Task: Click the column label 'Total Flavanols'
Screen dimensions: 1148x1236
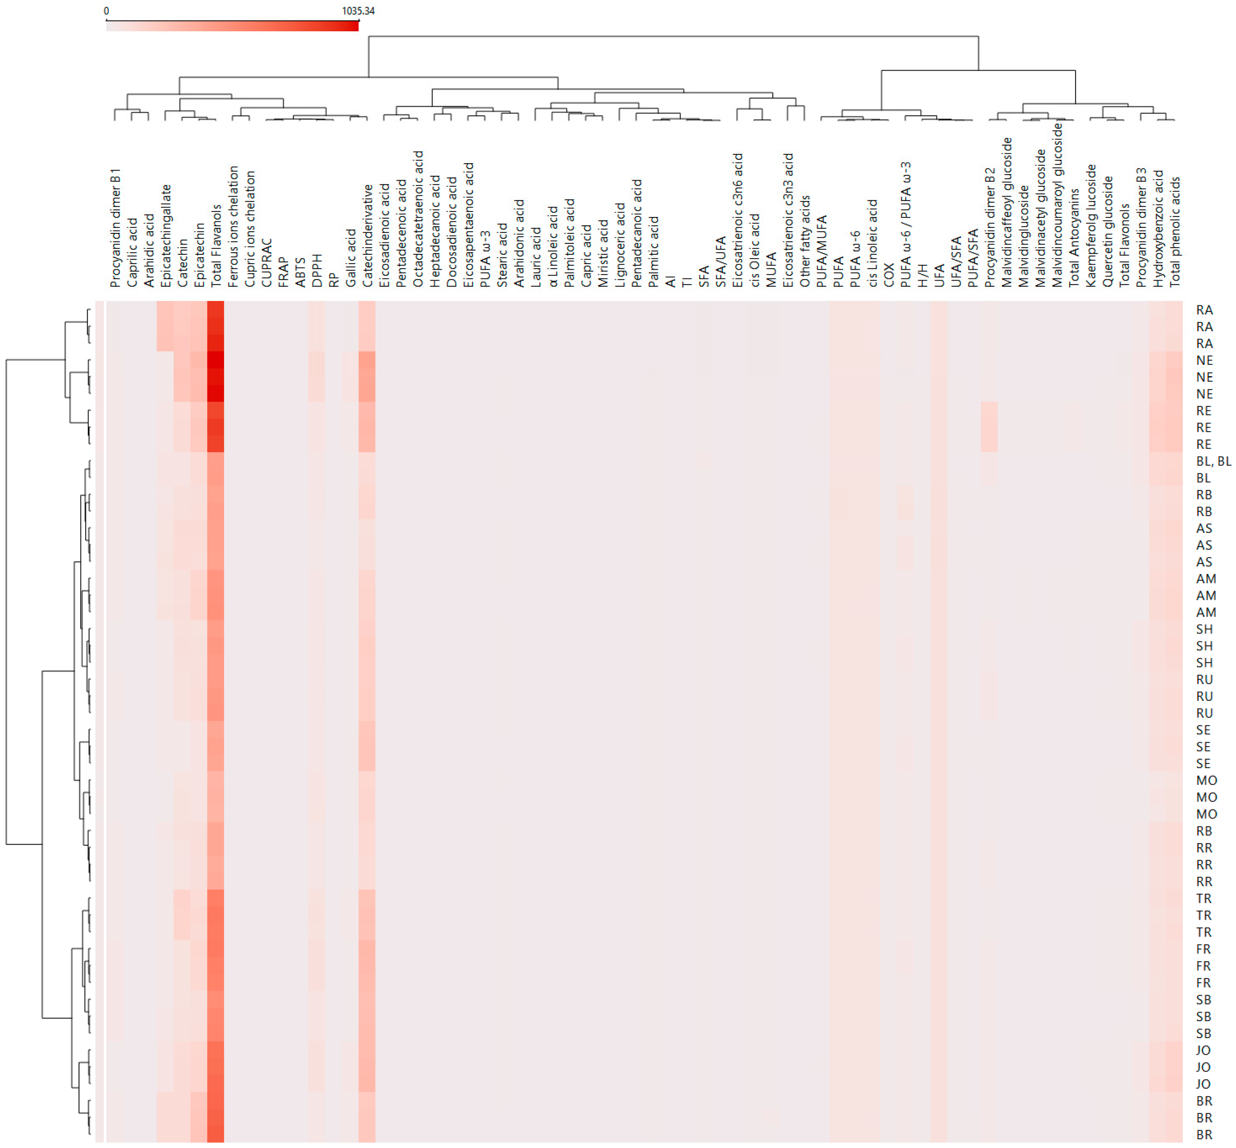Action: pos(216,246)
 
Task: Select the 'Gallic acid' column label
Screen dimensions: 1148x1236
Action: pos(351,257)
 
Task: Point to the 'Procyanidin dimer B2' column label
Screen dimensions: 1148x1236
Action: pos(989,227)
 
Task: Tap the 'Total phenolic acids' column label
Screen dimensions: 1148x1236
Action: pos(1174,231)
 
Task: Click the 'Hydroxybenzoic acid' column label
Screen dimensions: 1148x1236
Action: pos(1158,229)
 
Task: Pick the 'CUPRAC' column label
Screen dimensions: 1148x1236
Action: pos(266,263)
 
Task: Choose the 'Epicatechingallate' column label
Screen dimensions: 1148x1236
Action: pos(166,236)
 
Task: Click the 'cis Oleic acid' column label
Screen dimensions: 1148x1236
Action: pos(754,250)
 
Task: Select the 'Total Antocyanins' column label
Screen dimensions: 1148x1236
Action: pos(1074,238)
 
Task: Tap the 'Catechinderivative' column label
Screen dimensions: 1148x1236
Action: pos(368,236)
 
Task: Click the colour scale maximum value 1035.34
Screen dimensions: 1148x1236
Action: pos(358,10)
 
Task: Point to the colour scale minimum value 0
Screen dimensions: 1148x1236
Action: pos(106,10)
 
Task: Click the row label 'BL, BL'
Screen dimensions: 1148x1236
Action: pos(1213,461)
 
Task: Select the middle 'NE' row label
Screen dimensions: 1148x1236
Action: pos(1204,377)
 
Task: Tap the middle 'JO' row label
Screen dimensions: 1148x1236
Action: pos(1202,1067)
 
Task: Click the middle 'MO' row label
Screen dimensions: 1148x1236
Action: pos(1206,797)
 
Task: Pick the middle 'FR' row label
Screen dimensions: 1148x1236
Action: pos(1202,966)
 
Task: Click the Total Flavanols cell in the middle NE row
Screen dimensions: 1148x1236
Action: pos(215,377)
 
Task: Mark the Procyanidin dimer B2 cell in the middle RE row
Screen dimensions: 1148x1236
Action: pos(989,427)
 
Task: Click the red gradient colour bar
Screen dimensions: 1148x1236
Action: pos(232,25)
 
